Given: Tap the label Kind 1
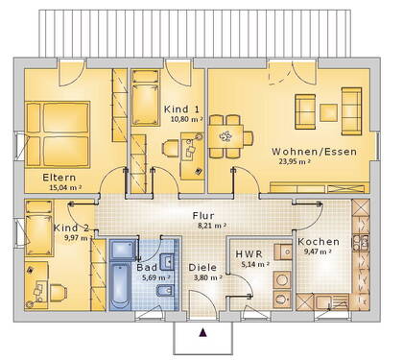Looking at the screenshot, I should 182,109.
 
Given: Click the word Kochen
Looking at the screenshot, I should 317,241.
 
